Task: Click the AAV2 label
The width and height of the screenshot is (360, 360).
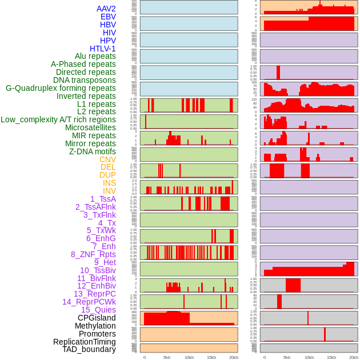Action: point(106,9)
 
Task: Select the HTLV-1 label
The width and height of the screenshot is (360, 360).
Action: point(102,49)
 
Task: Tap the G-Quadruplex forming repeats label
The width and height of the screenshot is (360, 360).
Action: point(61,88)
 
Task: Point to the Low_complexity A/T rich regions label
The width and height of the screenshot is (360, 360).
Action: point(58,119)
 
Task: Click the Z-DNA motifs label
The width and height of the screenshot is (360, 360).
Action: point(93,151)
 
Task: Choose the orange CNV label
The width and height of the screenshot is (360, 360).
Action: point(107,159)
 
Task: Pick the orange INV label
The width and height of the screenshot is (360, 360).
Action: point(109,191)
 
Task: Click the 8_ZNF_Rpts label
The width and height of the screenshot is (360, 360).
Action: point(93,254)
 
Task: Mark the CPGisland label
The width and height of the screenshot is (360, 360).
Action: point(97,318)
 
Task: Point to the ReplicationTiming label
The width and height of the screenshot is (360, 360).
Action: point(84,342)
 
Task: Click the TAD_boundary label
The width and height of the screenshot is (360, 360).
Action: point(89,349)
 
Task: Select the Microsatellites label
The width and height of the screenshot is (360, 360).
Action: point(90,127)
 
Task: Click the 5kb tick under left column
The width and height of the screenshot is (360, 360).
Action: point(167,357)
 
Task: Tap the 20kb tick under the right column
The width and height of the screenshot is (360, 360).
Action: point(354,357)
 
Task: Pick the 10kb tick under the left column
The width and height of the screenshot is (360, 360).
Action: point(189,357)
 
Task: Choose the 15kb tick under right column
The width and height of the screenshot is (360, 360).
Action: point(331,357)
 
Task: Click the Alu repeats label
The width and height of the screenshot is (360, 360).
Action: point(95,56)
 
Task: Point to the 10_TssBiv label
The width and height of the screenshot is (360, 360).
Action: point(98,270)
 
